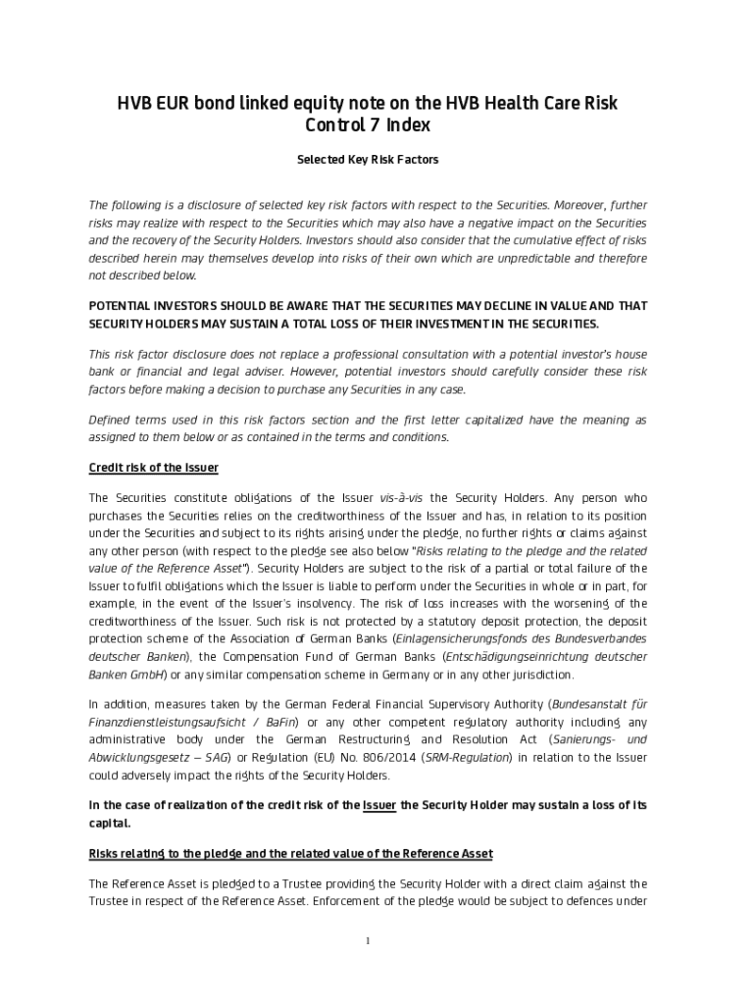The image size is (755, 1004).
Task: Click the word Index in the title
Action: coord(408,125)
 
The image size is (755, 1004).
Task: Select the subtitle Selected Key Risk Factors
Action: coord(368,159)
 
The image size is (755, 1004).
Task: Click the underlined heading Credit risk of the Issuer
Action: coord(153,468)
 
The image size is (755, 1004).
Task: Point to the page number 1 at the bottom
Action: coord(368,941)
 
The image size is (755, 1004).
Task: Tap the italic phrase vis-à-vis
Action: coord(400,498)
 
